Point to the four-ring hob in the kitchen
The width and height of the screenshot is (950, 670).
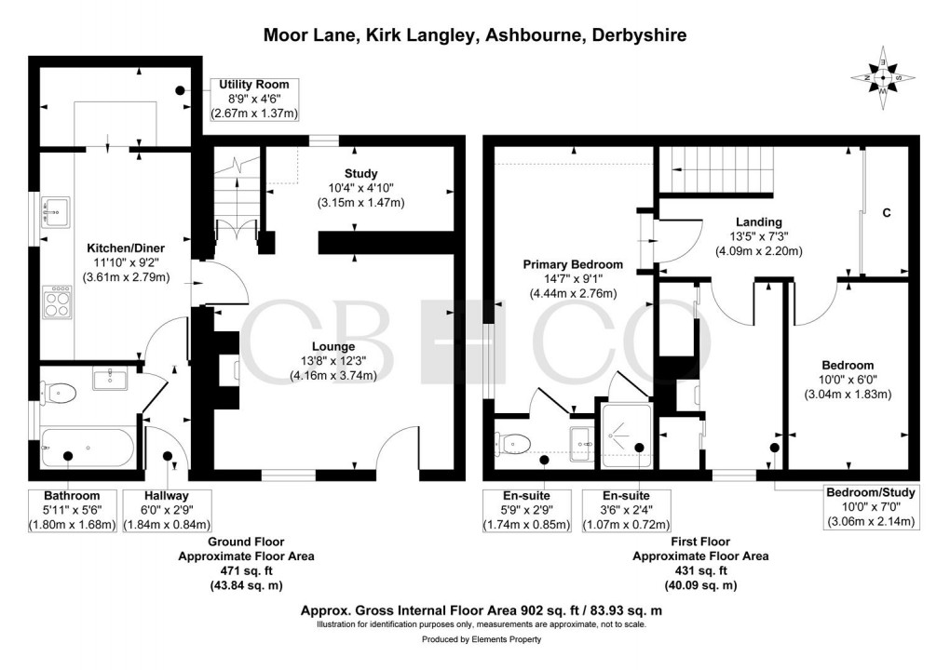(x=56, y=303)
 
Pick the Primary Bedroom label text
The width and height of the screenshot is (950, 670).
(x=572, y=264)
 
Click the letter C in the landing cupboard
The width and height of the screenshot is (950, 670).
(x=887, y=213)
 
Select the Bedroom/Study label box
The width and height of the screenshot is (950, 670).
(x=871, y=507)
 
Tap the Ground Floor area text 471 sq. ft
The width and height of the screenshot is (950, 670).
(x=246, y=571)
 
